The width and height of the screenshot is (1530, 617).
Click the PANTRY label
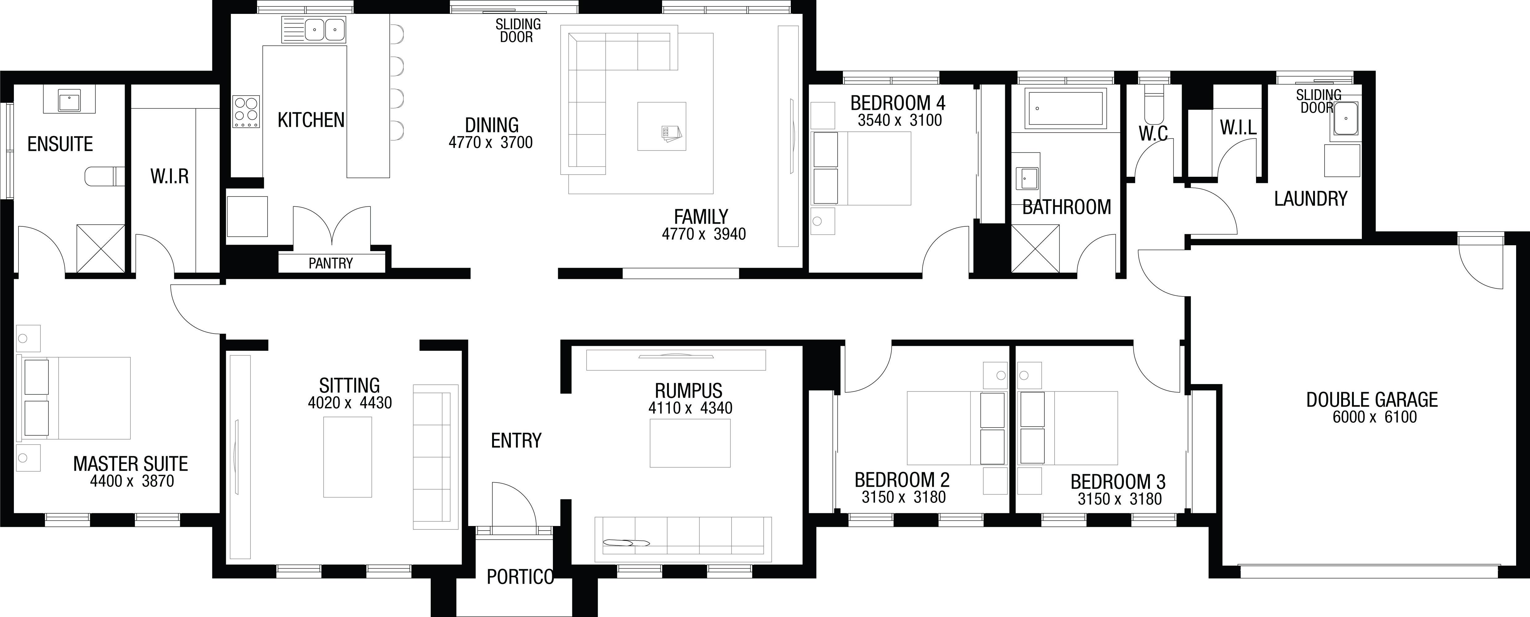[331, 263]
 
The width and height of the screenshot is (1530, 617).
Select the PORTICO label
[520, 577]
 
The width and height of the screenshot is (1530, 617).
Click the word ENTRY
[516, 441]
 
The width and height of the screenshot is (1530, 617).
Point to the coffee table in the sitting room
[347, 457]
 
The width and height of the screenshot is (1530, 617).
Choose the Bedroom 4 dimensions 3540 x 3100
[900, 121]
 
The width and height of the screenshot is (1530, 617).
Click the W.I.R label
[169, 176]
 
